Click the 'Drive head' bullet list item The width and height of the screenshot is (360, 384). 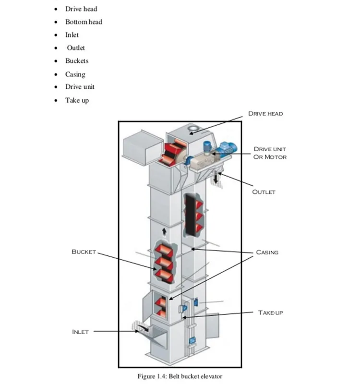[81, 9]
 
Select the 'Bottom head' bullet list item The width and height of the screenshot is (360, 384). [84, 22]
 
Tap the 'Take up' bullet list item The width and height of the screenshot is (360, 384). [77, 100]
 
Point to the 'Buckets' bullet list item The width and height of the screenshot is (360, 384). [77, 61]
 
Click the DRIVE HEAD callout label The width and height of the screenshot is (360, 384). [265, 114]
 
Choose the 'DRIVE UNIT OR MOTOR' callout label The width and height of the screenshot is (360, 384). [270, 153]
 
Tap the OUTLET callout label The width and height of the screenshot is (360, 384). [264, 192]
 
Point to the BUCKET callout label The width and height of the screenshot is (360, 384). [84, 252]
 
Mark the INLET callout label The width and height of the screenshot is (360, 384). [80, 332]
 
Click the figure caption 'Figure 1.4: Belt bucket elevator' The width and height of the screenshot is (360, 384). [180, 376]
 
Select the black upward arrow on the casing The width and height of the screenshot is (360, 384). [164, 232]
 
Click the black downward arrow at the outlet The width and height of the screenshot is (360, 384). [216, 178]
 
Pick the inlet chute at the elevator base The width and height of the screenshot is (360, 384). [143, 330]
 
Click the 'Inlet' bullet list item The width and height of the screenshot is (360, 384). [72, 35]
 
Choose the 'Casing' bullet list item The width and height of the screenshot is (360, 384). [75, 74]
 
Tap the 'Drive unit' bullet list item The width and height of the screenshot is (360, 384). [80, 87]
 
